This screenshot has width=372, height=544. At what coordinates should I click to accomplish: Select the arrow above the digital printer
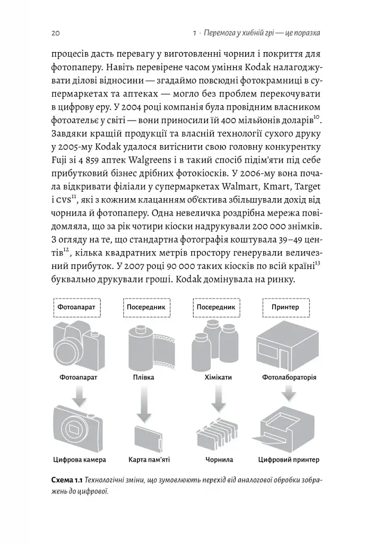pos(289,393)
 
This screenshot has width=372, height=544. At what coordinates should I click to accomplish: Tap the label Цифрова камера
pos(80,459)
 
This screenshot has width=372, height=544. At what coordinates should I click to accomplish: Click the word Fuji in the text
pos(59,160)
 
